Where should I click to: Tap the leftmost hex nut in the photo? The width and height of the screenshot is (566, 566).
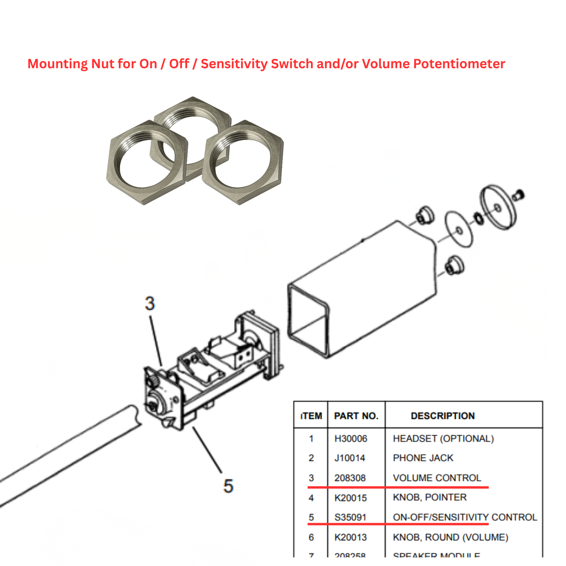(147, 162)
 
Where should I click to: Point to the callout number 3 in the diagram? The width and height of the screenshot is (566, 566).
(150, 303)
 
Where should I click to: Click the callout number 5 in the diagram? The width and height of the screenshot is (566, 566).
(228, 486)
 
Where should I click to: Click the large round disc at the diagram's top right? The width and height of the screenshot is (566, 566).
(498, 208)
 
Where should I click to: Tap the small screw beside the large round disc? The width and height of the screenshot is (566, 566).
(519, 195)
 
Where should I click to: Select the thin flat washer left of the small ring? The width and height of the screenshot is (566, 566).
(459, 230)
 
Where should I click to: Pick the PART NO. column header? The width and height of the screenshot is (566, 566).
(356, 416)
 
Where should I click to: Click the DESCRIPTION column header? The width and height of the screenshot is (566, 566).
(443, 416)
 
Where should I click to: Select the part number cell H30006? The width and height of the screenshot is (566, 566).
(351, 438)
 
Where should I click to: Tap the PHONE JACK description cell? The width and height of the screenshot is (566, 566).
(423, 458)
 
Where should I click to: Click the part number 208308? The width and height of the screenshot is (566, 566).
(350, 478)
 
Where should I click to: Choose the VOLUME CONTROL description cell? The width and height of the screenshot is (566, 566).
(437, 478)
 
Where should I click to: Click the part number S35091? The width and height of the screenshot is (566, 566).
(350, 517)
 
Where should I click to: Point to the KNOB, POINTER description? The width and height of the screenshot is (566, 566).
(430, 497)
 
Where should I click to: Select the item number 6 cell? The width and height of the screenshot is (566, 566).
(311, 537)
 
